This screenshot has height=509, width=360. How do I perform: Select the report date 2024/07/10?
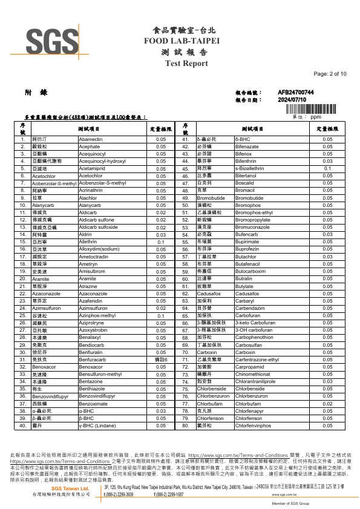pyautogui.click(x=292, y=99)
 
